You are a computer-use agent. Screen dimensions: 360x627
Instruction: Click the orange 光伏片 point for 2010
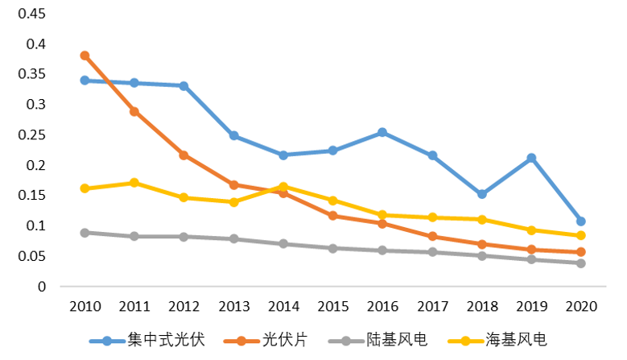coord(85,56)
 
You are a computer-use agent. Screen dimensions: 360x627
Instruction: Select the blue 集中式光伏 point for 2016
coord(382,132)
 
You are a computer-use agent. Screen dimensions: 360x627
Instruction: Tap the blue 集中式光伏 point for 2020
coord(581,221)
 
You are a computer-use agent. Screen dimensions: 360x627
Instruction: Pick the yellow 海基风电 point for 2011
coord(134,183)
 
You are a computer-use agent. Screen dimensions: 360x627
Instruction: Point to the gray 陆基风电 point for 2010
coord(85,233)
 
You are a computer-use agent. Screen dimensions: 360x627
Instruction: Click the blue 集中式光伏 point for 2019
coord(531,158)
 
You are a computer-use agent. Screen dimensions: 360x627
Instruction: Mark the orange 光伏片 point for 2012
coord(184,155)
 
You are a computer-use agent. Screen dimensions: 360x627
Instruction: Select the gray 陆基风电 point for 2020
coord(581,263)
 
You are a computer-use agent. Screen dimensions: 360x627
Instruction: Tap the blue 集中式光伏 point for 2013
coord(233,135)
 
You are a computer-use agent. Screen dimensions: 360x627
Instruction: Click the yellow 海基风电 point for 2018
coord(481,219)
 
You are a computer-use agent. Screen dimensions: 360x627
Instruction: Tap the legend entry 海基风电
coord(515,339)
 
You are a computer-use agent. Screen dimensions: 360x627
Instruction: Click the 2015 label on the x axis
coord(332,307)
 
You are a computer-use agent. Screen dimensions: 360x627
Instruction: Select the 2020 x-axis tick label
coord(581,307)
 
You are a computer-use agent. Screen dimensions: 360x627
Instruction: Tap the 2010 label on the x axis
coord(85,307)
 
